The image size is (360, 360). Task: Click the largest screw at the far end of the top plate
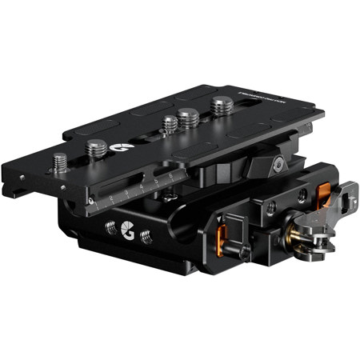[221, 103]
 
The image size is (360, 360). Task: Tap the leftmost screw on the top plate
[60, 161]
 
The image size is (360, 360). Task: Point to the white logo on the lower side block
[126, 232]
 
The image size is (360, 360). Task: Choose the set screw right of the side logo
[147, 237]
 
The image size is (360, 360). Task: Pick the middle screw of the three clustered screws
[189, 118]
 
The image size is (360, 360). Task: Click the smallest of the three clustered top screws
[169, 124]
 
